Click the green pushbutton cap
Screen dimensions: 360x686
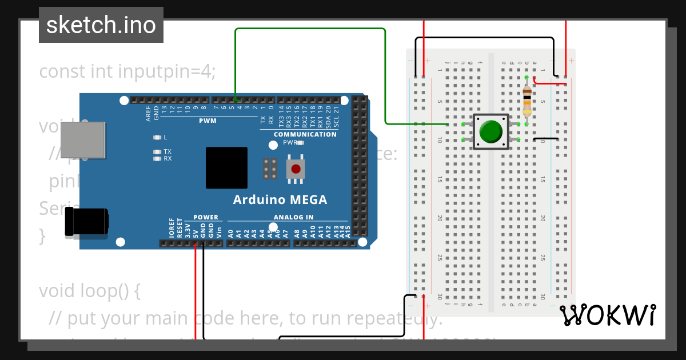[x=490, y=131]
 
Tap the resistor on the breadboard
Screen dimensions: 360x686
[x=527, y=101]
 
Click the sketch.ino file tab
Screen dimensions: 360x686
[x=101, y=25]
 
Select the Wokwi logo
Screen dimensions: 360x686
[x=607, y=315]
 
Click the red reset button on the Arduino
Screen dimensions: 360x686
[x=296, y=169]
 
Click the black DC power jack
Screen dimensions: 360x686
[x=86, y=222]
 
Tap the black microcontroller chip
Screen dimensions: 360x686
[x=226, y=168]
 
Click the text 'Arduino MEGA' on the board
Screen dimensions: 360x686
[x=280, y=200]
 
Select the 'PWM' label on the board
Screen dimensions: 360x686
[x=208, y=121]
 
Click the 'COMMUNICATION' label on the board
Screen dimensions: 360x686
[x=305, y=134]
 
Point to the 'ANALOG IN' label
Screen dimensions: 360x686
[x=293, y=217]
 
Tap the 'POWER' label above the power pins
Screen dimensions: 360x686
[x=205, y=217]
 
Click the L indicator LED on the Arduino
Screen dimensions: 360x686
[x=157, y=138]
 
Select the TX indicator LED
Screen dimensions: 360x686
[x=157, y=151]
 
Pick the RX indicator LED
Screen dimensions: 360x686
[x=157, y=159]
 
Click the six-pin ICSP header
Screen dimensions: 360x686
[x=270, y=169]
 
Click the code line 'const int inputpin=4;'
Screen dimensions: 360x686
[x=127, y=71]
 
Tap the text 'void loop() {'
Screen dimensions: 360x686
[x=90, y=291]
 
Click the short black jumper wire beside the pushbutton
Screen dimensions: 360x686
[x=546, y=139]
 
